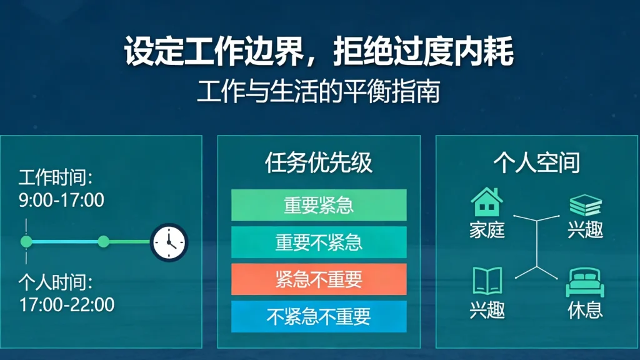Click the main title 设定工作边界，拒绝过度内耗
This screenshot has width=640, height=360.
(319, 52)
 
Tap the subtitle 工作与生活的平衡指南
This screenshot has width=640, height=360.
(319, 91)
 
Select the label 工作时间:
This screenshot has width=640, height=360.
(56, 177)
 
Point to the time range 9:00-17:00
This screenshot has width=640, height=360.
(61, 201)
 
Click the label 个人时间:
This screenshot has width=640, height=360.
(56, 282)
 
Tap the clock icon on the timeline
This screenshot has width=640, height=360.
(169, 242)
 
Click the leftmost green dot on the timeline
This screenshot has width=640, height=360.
(26, 241)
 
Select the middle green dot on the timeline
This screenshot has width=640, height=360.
(104, 241)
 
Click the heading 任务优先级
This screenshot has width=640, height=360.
(319, 163)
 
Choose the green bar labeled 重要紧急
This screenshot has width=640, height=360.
(319, 205)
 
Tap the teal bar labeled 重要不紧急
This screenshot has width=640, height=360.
(319, 242)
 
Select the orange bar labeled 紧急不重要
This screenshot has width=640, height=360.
(319, 279)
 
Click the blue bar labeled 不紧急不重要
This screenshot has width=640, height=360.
(319, 316)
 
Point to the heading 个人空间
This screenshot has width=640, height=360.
(537, 163)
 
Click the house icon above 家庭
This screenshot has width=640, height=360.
(487, 202)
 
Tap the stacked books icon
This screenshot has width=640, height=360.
(586, 206)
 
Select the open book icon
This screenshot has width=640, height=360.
(487, 281)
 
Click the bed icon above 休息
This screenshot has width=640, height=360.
(585, 284)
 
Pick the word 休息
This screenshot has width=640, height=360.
(586, 310)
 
